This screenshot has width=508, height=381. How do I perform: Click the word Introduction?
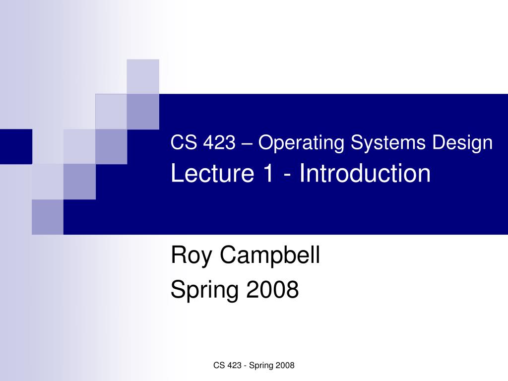point(365,174)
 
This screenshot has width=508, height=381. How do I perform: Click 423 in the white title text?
point(218,143)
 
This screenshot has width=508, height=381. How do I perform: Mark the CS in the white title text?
point(181,143)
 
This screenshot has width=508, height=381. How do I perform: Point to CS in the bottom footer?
point(218,366)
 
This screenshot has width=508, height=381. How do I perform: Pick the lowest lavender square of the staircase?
point(48,217)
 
